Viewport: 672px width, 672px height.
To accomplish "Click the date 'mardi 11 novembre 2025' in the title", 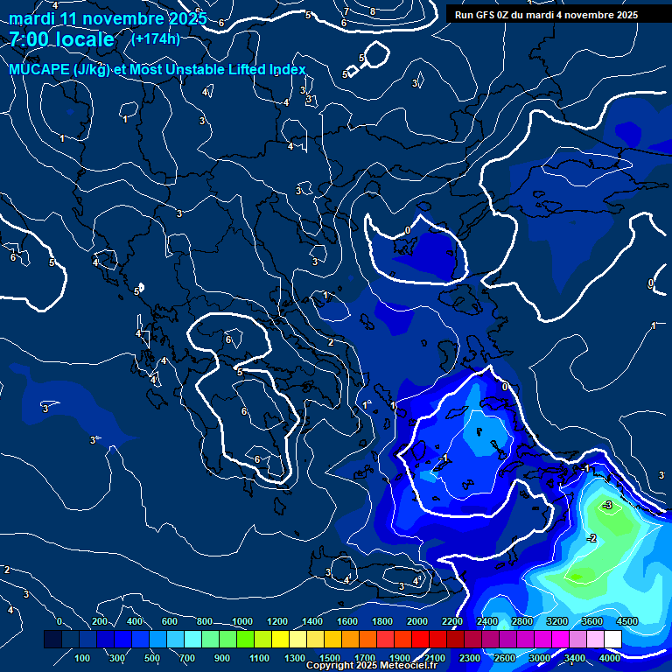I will coord(108,18).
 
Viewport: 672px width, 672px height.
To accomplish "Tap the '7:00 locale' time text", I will coord(61,39).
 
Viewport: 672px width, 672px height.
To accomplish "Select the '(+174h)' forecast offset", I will coord(155,38).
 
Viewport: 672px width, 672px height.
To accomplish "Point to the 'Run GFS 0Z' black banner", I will coord(547,15).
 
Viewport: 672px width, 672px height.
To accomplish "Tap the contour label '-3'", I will coord(607,506).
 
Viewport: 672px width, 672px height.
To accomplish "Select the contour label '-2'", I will coord(592,538).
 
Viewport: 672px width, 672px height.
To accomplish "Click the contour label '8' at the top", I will coord(372,11).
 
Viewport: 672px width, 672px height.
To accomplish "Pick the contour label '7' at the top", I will coord(346,12).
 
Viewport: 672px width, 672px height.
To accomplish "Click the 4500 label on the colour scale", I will coord(626,621).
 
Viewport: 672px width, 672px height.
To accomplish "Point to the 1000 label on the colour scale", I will coord(242,621).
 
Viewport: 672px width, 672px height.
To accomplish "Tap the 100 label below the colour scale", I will coord(83,658).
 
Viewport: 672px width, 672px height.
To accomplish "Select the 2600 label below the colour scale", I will coord(504,658).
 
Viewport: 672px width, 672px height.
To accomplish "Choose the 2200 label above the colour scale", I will coord(452,621).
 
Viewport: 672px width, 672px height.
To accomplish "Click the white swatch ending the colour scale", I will coord(612,640).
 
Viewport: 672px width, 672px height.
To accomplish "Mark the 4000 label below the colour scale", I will coord(610,658).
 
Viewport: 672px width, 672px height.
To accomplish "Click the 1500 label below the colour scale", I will coord(329,658).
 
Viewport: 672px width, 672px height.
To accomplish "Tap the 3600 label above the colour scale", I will coord(592,621).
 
